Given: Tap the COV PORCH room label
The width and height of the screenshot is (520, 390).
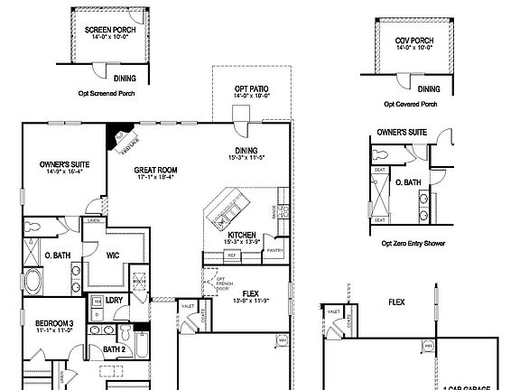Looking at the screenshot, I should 413,40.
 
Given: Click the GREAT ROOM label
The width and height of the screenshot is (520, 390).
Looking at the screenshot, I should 154,169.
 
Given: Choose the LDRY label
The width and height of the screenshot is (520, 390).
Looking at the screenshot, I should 114,300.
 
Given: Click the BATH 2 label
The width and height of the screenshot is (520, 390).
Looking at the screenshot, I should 114,348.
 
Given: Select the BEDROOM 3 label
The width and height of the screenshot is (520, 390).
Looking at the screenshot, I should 54,323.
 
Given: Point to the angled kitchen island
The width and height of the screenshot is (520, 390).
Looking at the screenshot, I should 223,209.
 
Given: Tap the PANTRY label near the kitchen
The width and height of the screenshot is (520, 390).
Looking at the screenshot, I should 275,250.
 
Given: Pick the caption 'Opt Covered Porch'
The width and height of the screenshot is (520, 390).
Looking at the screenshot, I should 415,104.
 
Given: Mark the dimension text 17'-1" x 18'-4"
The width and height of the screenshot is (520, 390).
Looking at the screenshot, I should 154,177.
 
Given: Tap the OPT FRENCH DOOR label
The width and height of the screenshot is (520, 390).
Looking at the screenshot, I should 218,282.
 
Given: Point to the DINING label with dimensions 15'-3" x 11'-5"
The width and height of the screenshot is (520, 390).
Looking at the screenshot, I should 246,151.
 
